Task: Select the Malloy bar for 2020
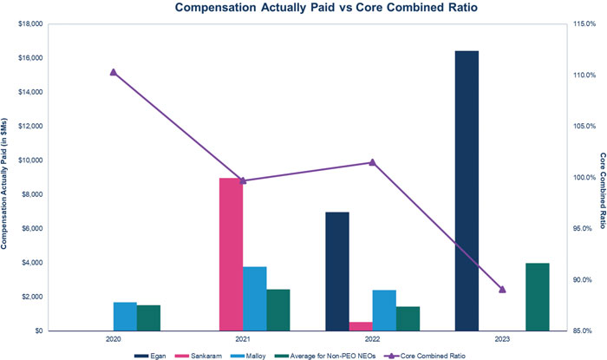(125, 317)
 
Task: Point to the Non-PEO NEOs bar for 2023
(537, 297)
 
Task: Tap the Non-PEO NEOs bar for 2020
(148, 317)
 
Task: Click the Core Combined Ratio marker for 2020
(113, 72)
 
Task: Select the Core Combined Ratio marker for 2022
(372, 162)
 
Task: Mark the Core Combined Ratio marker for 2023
(501, 289)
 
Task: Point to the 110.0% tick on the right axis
(581, 75)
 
